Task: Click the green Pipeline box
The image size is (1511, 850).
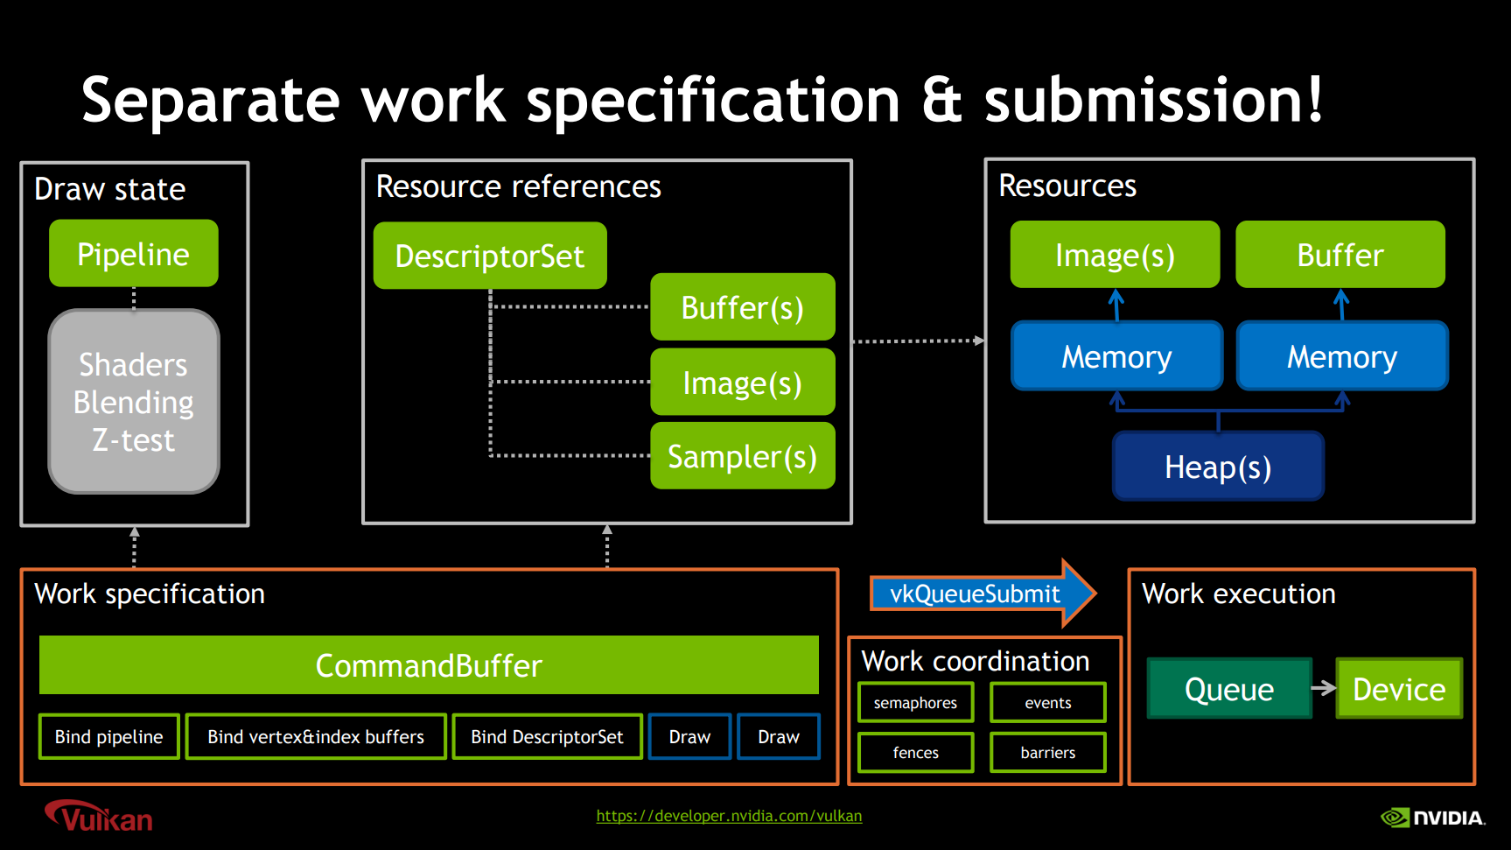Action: pyautogui.click(x=134, y=254)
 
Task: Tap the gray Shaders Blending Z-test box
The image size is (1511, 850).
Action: pyautogui.click(x=134, y=402)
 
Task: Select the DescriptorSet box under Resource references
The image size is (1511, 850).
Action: pyautogui.click(x=490, y=256)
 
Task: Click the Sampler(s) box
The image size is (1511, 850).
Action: pyautogui.click(x=743, y=456)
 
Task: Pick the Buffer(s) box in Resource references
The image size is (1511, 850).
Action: pyautogui.click(x=743, y=307)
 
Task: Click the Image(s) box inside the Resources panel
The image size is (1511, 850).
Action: pyautogui.click(x=1115, y=255)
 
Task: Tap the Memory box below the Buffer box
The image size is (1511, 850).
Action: pyautogui.click(x=1342, y=356)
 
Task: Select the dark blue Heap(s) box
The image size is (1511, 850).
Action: pyautogui.click(x=1218, y=467)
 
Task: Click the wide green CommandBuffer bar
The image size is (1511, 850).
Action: pyautogui.click(x=429, y=665)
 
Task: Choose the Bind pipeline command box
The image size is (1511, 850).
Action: pyautogui.click(x=109, y=737)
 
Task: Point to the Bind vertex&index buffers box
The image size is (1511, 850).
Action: pyautogui.click(x=316, y=737)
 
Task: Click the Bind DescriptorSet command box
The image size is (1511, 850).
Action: pyautogui.click(x=548, y=737)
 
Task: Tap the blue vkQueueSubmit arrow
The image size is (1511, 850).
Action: pyautogui.click(x=983, y=594)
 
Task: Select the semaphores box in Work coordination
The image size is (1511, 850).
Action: pyautogui.click(x=916, y=703)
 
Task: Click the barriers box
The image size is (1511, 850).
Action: pyautogui.click(x=1048, y=753)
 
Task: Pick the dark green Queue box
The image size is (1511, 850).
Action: pyautogui.click(x=1229, y=689)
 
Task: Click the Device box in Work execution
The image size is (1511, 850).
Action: pyautogui.click(x=1399, y=689)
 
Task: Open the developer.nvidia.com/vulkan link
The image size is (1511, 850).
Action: pyautogui.click(x=729, y=816)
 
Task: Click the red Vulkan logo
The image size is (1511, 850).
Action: pyautogui.click(x=99, y=816)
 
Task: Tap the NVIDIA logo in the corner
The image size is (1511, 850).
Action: pyautogui.click(x=1433, y=818)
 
